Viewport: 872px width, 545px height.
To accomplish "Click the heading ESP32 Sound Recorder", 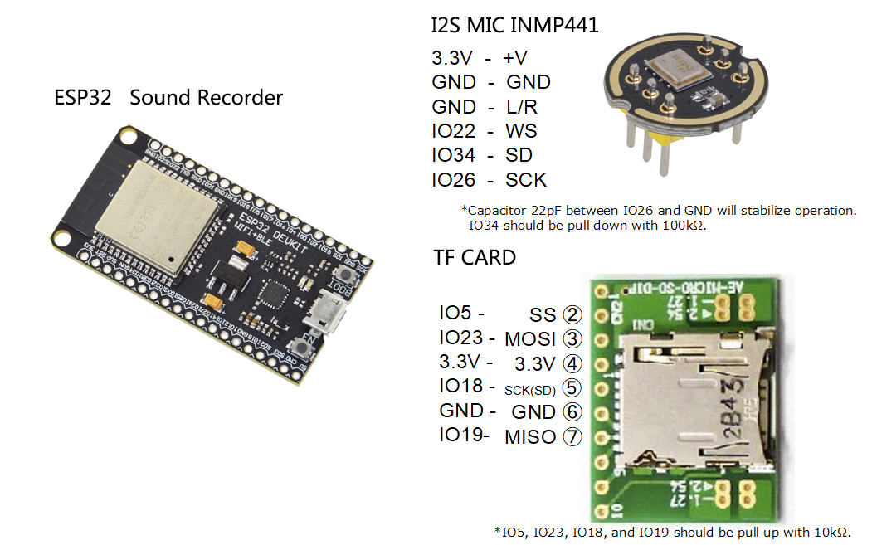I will pos(168,98).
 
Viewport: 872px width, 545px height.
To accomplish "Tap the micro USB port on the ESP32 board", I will pos(320,318).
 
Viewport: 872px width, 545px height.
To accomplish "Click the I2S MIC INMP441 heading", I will pos(514,26).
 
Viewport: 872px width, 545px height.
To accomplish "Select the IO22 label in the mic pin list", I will pos(453,131).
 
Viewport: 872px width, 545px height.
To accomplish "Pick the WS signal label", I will pos(521,131).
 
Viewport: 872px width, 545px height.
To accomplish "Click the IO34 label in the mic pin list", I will pos(453,155).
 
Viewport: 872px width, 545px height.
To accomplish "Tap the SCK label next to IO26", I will pos(526,180).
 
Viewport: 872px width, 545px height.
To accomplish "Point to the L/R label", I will pos(521,107).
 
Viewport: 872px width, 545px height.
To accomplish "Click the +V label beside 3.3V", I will pos(514,58).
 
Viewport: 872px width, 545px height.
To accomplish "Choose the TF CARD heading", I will pos(475,257).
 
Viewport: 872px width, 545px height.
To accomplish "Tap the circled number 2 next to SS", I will pos(572,315).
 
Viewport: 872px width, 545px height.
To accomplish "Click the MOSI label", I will pos(530,339).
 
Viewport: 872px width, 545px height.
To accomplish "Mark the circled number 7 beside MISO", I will pos(572,436).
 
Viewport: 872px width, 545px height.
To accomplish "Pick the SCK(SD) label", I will pos(530,388).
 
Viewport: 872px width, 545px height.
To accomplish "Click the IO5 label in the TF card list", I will pos(456,313).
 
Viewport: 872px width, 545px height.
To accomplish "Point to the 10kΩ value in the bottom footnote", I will pos(830,532).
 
